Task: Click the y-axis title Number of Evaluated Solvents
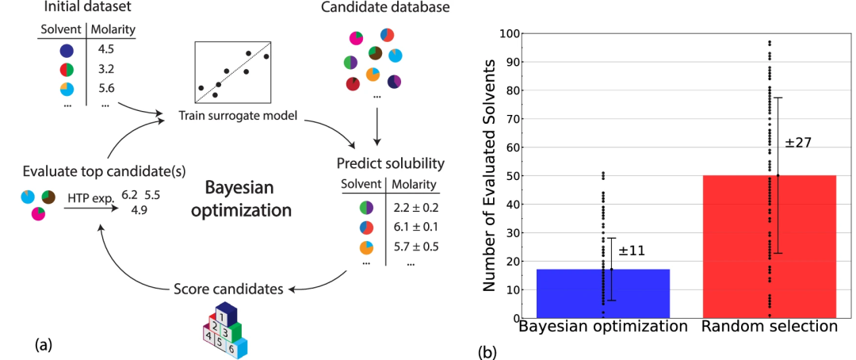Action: pyautogui.click(x=490, y=177)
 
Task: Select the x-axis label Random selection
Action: pyautogui.click(x=770, y=327)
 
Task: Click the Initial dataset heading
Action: pyautogui.click(x=89, y=7)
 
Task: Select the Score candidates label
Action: pyautogui.click(x=228, y=289)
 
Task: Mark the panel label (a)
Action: pyautogui.click(x=44, y=344)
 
